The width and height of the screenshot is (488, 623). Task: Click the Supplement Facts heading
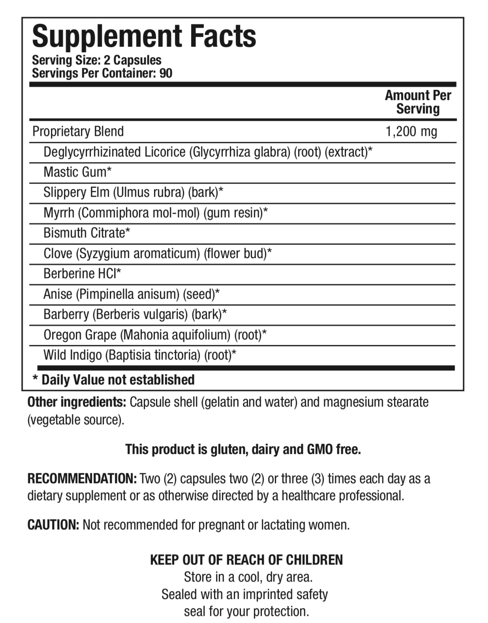point(144,36)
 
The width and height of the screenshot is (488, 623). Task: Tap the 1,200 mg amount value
point(411,132)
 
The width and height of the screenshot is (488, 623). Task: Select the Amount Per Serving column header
point(418,102)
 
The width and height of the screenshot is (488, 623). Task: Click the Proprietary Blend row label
point(78,132)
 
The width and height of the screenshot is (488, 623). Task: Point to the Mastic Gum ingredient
point(77,172)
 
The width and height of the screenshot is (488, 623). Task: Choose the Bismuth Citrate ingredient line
point(86,233)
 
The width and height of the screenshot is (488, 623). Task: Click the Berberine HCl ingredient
point(82,274)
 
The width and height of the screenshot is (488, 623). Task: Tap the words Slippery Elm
point(76,192)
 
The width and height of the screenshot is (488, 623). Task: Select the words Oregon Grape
point(80,335)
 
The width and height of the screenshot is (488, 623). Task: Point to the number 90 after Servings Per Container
point(166,73)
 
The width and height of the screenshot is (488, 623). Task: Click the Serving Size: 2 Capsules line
point(97,60)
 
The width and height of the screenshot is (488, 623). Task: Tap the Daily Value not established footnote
point(114,380)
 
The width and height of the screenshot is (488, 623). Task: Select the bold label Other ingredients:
point(77,402)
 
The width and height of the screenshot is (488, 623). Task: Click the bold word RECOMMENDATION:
point(82,479)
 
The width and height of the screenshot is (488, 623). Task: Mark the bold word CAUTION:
point(53,525)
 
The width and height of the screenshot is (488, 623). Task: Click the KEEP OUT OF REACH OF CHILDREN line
point(246,560)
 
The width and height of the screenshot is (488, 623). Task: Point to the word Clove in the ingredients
point(58,254)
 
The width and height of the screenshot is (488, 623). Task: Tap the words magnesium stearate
point(375,402)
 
